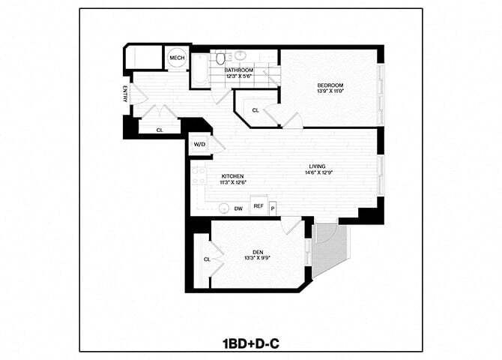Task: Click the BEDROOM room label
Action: pos(330,85)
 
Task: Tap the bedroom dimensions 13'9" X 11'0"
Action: pos(330,92)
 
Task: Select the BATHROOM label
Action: pos(239,70)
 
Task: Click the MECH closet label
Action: pos(177,58)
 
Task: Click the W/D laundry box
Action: pos(200,144)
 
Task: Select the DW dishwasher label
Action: pos(238,208)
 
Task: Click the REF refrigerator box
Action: pos(258,206)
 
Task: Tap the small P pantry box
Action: pos(273,207)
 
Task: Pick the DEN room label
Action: pos(257,252)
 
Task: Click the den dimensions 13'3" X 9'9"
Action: pos(257,259)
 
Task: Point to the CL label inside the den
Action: pos(207,259)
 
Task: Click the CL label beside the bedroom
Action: pos(255,110)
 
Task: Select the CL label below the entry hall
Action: pos(159,130)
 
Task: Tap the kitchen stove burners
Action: pos(200,177)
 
